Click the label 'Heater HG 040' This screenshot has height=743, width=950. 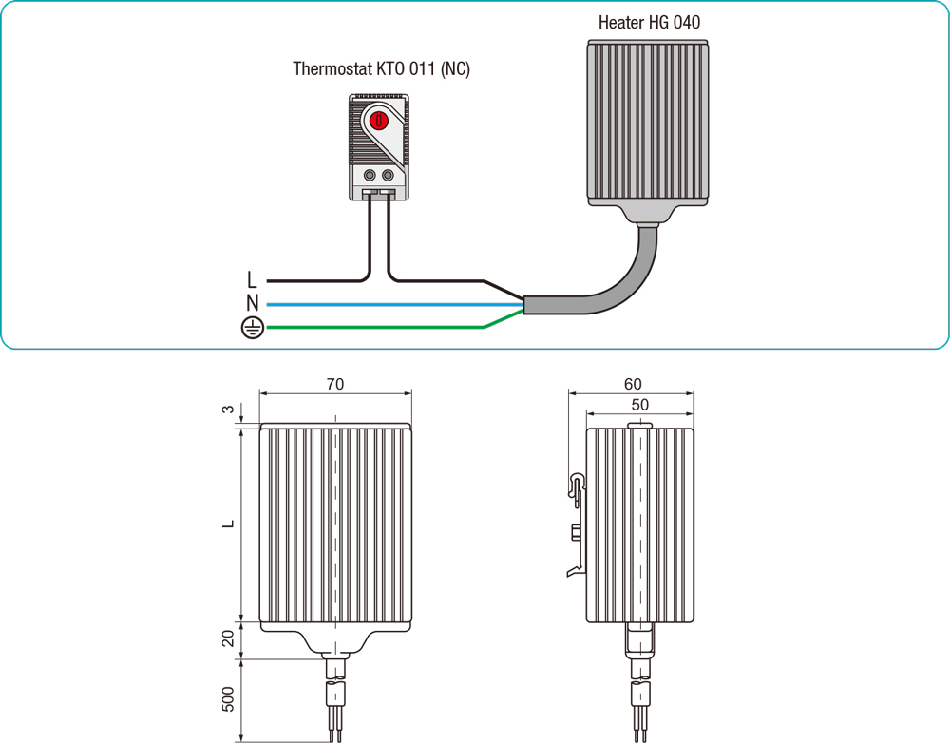coord(649,22)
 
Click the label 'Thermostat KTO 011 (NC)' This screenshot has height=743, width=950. coord(381,69)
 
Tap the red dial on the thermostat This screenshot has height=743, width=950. coord(378,121)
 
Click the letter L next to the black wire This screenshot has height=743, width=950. coord(252,280)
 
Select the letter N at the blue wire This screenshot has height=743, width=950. coord(252,304)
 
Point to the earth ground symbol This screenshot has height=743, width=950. coord(250,329)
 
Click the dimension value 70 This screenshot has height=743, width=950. coord(334,384)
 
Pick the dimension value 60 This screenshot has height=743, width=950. coord(633,384)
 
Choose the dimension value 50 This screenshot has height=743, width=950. coord(640,405)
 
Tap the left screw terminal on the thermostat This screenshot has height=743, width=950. coord(369,175)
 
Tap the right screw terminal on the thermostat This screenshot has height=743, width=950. coord(388,175)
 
